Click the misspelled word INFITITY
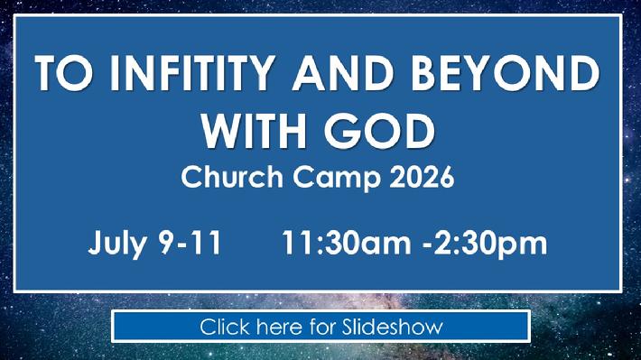(x=191, y=73)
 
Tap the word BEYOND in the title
(x=506, y=73)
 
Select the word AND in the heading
(x=343, y=73)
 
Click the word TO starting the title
(x=63, y=73)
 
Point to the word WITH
(x=254, y=131)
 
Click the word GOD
(x=380, y=131)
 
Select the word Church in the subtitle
(x=232, y=177)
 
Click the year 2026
(x=422, y=177)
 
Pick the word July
(x=117, y=244)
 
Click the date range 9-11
(x=190, y=243)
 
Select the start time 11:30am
(x=347, y=243)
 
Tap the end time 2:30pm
(x=490, y=244)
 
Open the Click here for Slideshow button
(x=320, y=327)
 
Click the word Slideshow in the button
(x=393, y=327)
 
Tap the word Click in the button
(x=225, y=327)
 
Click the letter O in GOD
(x=380, y=131)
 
